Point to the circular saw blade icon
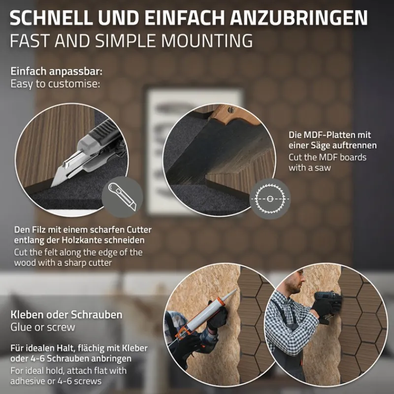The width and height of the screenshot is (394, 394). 270,198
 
